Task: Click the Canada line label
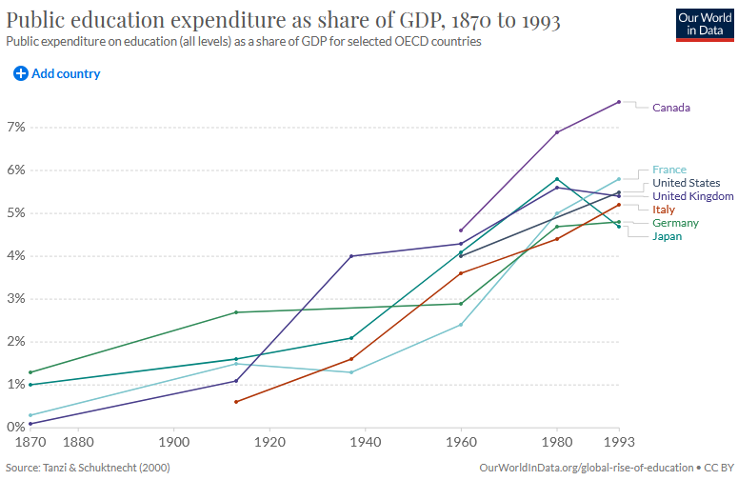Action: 670,108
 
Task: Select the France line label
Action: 668,170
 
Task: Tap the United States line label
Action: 686,183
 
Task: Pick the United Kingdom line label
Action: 692,196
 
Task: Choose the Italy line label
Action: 663,210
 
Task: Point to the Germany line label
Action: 675,223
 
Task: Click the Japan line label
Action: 667,236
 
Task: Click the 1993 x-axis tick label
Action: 619,443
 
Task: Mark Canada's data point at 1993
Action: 619,102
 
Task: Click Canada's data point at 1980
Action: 557,132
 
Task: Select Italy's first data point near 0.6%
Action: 236,402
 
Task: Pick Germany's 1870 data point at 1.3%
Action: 30,372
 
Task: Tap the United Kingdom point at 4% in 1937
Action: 351,256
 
